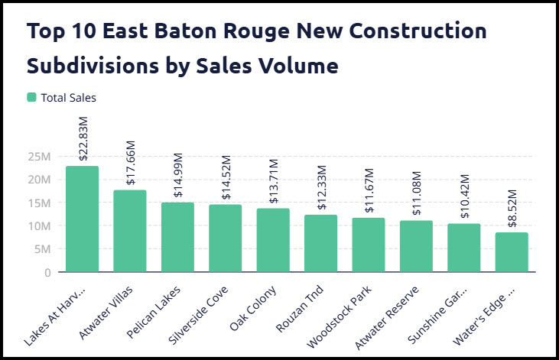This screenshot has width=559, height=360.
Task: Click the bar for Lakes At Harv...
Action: [x=82, y=219]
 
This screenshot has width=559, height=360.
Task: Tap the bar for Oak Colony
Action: [x=273, y=240]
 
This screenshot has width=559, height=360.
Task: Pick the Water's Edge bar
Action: [x=512, y=252]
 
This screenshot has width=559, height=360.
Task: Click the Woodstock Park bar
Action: [x=369, y=245]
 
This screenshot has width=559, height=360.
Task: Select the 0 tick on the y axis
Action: [x=47, y=272]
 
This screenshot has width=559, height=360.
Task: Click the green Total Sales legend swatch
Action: [x=31, y=97]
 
